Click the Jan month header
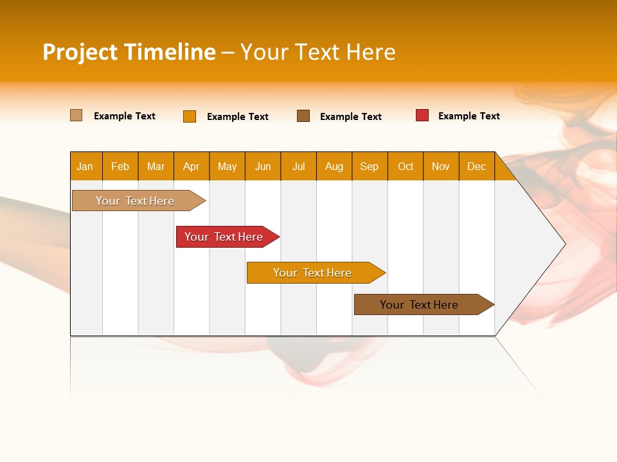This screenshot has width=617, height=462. click(x=85, y=166)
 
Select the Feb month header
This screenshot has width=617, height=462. click(x=120, y=166)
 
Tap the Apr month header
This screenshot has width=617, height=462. click(x=191, y=166)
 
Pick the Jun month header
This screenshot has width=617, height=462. click(x=263, y=166)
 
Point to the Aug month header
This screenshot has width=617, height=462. click(x=334, y=166)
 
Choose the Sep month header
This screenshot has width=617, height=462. click(x=369, y=166)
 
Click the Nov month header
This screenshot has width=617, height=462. click(x=441, y=166)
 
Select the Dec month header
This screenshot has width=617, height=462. click(x=476, y=166)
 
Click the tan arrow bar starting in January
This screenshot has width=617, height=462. click(x=136, y=201)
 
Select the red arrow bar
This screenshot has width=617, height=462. click(x=224, y=237)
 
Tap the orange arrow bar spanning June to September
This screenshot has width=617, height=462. click(x=313, y=273)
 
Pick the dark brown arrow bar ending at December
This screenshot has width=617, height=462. click(x=420, y=305)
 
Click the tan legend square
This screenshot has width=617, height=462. click(x=76, y=116)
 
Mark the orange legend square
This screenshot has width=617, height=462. click(x=189, y=116)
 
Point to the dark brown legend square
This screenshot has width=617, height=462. click(x=303, y=116)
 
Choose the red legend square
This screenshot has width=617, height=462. click(x=422, y=116)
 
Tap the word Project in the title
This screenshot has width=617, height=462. click(x=80, y=52)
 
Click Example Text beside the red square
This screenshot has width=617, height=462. click(x=469, y=116)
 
